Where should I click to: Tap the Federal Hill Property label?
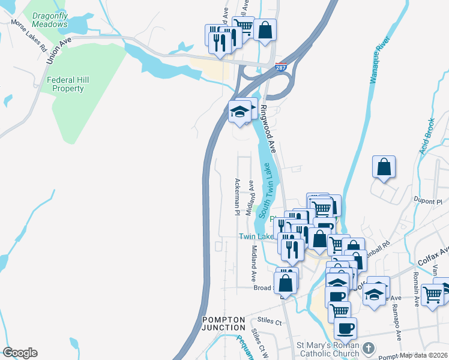(67, 84)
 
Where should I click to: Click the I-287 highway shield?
(281, 67)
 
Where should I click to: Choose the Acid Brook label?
(427, 136)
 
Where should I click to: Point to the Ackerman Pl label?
(238, 197)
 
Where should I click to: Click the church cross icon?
(369, 348)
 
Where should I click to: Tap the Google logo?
(20, 353)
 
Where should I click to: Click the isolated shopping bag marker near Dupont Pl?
(384, 168)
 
